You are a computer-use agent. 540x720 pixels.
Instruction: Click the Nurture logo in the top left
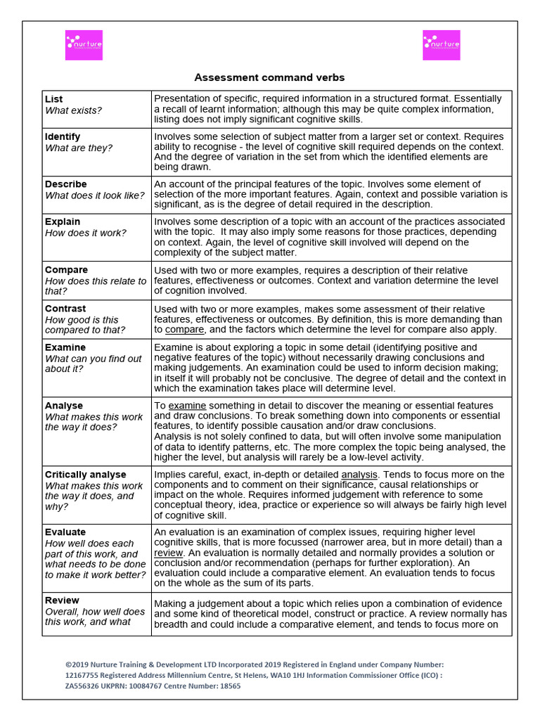pyautogui.click(x=84, y=45)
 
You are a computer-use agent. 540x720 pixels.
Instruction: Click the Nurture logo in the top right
pyautogui.click(x=441, y=45)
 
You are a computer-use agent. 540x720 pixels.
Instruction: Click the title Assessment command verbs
pyautogui.click(x=269, y=77)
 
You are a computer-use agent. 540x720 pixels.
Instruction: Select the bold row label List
pyautogui.click(x=53, y=99)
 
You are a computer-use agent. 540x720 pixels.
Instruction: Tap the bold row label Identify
pyautogui.click(x=63, y=136)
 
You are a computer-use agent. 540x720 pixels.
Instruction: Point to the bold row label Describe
pyautogui.click(x=66, y=184)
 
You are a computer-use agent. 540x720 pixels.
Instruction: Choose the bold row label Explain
pyautogui.click(x=63, y=221)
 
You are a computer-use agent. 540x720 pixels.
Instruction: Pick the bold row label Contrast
pyautogui.click(x=65, y=309)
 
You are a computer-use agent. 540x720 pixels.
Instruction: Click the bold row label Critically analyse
pyautogui.click(x=86, y=475)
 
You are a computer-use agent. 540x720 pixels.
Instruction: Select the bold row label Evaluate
pyautogui.click(x=65, y=532)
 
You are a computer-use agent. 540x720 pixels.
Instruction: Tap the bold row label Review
pyautogui.click(x=63, y=600)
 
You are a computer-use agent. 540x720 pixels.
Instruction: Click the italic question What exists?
pyautogui.click(x=73, y=110)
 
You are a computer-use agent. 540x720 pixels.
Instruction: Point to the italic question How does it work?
pyautogui.click(x=86, y=233)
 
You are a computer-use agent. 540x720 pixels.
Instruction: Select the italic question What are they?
pyautogui.click(x=79, y=148)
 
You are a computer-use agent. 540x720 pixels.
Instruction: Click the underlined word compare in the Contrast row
pyautogui.click(x=184, y=329)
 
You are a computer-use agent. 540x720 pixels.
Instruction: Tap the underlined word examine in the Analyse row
pyautogui.click(x=187, y=406)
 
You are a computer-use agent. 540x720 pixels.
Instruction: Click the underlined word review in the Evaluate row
pyautogui.click(x=168, y=553)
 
